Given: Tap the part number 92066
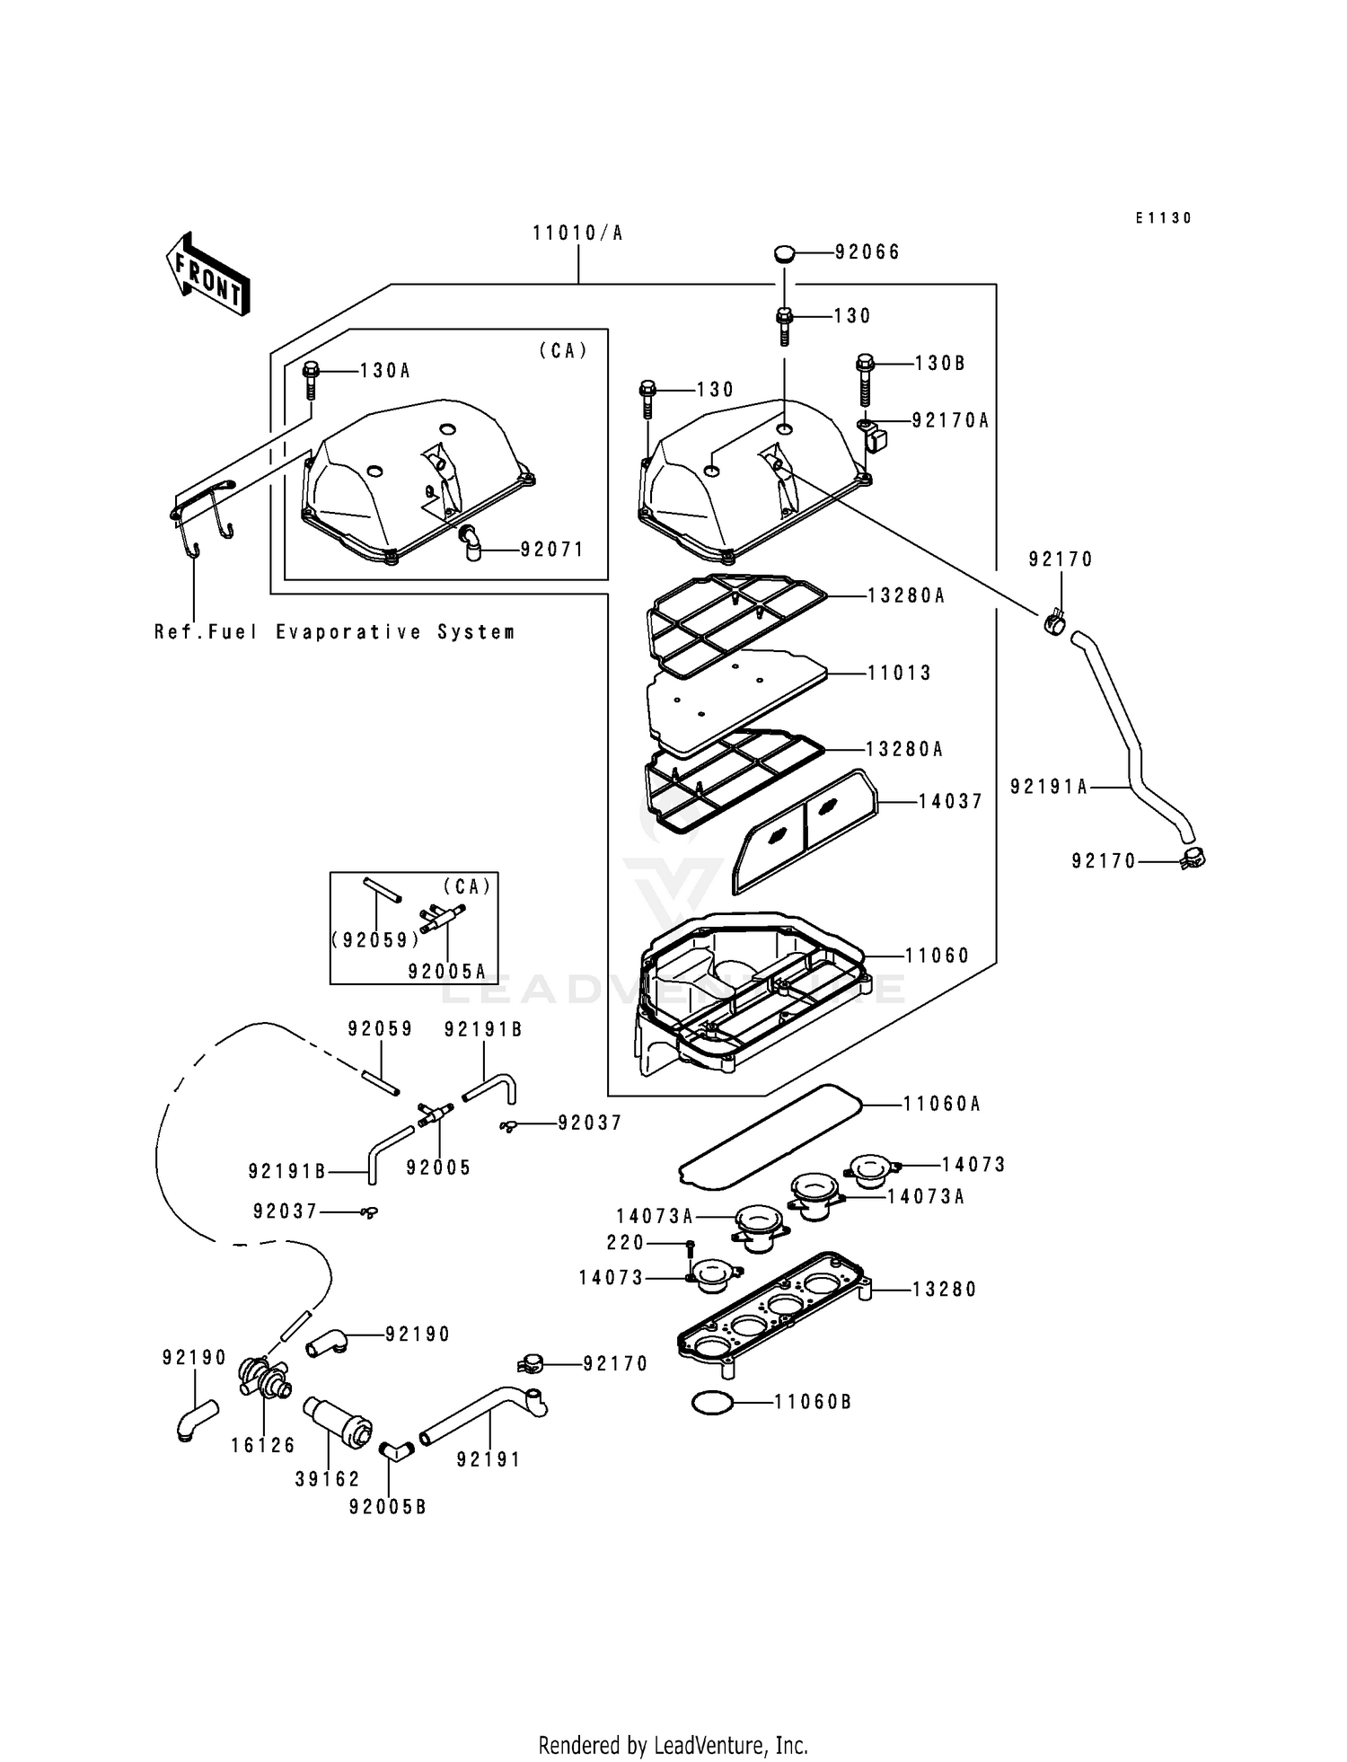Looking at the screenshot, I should click(x=867, y=252).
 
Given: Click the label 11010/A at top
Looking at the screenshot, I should click(x=577, y=233).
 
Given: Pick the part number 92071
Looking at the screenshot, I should click(x=551, y=550).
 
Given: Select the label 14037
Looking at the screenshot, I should click(x=950, y=801).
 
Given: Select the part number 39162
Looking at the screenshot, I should click(x=327, y=1479).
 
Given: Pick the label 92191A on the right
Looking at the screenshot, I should click(x=1048, y=787).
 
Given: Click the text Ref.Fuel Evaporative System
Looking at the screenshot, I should click(x=334, y=632).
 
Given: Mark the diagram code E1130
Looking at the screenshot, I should click(x=1163, y=218).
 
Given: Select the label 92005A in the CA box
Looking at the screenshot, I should click(x=446, y=972).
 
